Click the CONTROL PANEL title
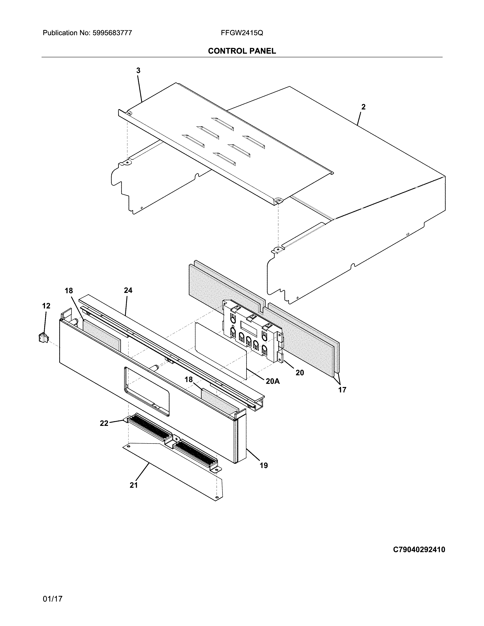coord(242,51)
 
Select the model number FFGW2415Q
coord(242,33)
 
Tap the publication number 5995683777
coord(112,33)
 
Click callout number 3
coord(138,71)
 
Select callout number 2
coord(363,107)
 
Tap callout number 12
coord(46,306)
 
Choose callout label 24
coord(128,290)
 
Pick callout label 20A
coord(272,381)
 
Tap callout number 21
coord(134,485)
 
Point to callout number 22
coord(104,423)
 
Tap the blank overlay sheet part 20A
coord(221,350)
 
